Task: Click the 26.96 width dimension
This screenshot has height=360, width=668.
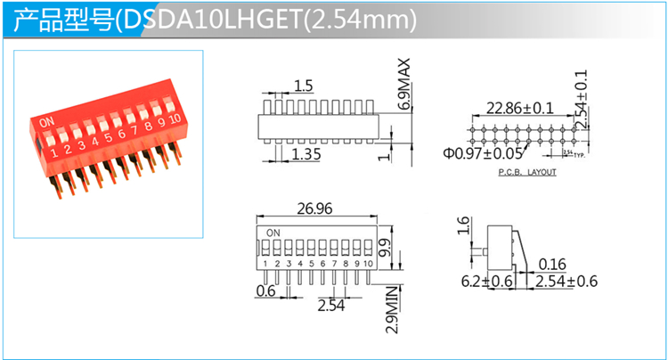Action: [313, 210]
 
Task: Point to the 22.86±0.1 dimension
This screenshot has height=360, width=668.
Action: [519, 109]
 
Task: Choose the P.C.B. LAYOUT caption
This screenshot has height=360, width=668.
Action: [526, 172]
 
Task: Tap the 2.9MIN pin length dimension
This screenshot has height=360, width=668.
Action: [393, 307]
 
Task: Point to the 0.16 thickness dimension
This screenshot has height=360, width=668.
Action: [553, 264]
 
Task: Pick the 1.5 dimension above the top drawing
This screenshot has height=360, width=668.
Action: [303, 86]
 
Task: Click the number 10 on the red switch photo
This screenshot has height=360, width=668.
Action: [175, 118]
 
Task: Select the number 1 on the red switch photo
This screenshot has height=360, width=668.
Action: [54, 151]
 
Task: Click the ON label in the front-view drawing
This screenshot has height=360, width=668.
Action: [273, 233]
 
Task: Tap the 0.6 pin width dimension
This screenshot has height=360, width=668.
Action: [265, 290]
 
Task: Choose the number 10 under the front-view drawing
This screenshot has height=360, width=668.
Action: [367, 264]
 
